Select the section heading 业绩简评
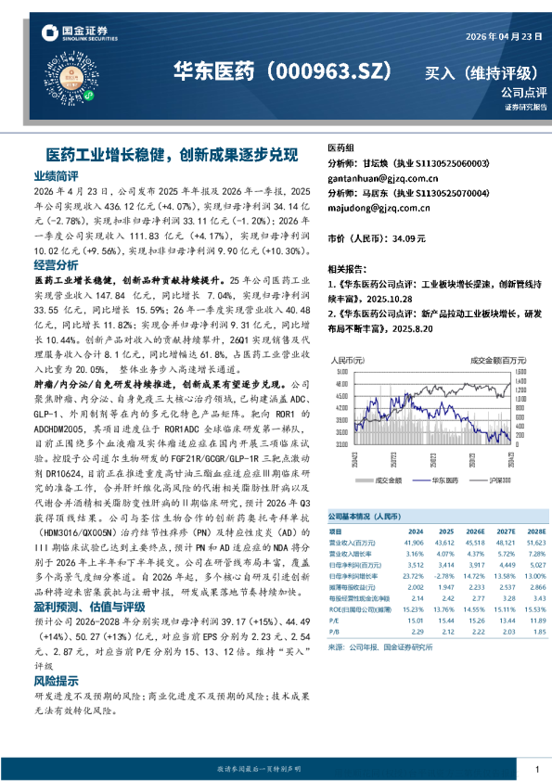56,175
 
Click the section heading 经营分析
56,264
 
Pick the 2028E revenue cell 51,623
536,543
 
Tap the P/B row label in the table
335,631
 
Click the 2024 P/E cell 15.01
415,620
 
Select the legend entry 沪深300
500,480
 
